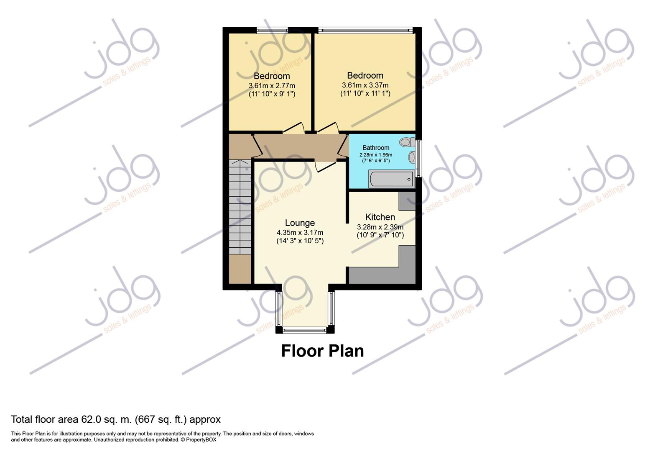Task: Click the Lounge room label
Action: [300, 223]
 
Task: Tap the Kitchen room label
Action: [380, 217]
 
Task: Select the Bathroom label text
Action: [376, 148]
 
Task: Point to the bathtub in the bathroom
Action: [391, 179]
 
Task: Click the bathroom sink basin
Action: [412, 157]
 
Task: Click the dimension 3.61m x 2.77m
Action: [272, 85]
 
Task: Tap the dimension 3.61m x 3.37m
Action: [365, 85]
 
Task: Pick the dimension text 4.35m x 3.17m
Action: [300, 233]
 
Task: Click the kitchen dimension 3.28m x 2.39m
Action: [380, 227]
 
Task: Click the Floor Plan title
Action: [322, 351]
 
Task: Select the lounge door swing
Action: [325, 166]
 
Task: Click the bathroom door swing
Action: [343, 146]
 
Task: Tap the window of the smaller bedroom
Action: [272, 30]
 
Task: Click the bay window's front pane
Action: [304, 330]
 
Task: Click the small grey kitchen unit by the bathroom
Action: [407, 201]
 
